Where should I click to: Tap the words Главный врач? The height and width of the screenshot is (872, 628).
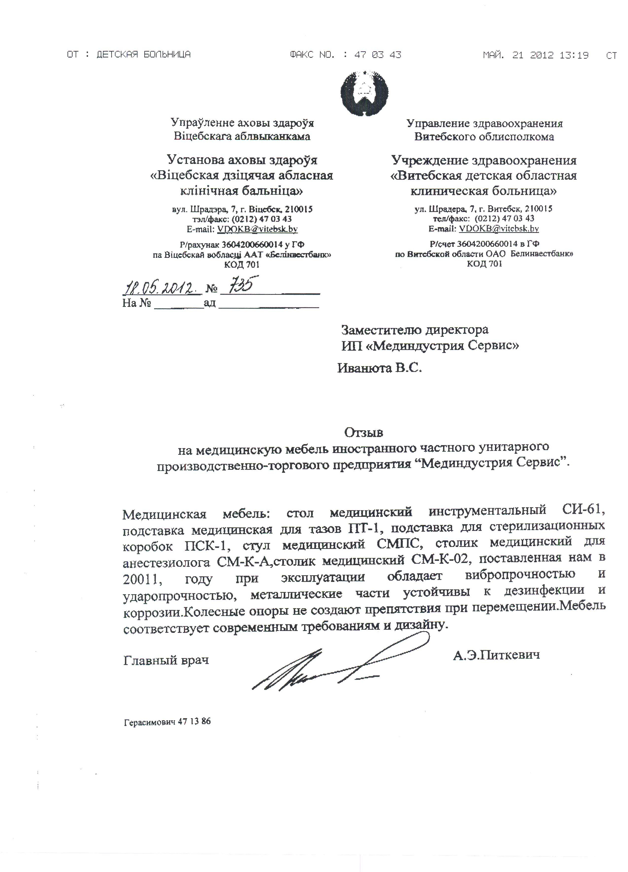pyautogui.click(x=166, y=660)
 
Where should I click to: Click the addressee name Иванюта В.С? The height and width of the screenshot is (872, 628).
pyautogui.click(x=380, y=368)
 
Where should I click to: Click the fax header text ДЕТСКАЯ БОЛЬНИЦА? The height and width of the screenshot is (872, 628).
pyautogui.click(x=143, y=55)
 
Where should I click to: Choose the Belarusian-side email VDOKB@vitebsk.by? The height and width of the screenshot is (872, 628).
pyautogui.click(x=257, y=229)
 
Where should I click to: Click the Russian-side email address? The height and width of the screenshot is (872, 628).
pyautogui.click(x=498, y=229)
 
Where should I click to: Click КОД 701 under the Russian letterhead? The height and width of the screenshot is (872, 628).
pyautogui.click(x=484, y=264)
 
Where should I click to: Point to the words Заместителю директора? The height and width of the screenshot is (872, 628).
pyautogui.click(x=415, y=330)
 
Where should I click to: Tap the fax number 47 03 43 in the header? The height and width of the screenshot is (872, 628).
pyautogui.click(x=378, y=55)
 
